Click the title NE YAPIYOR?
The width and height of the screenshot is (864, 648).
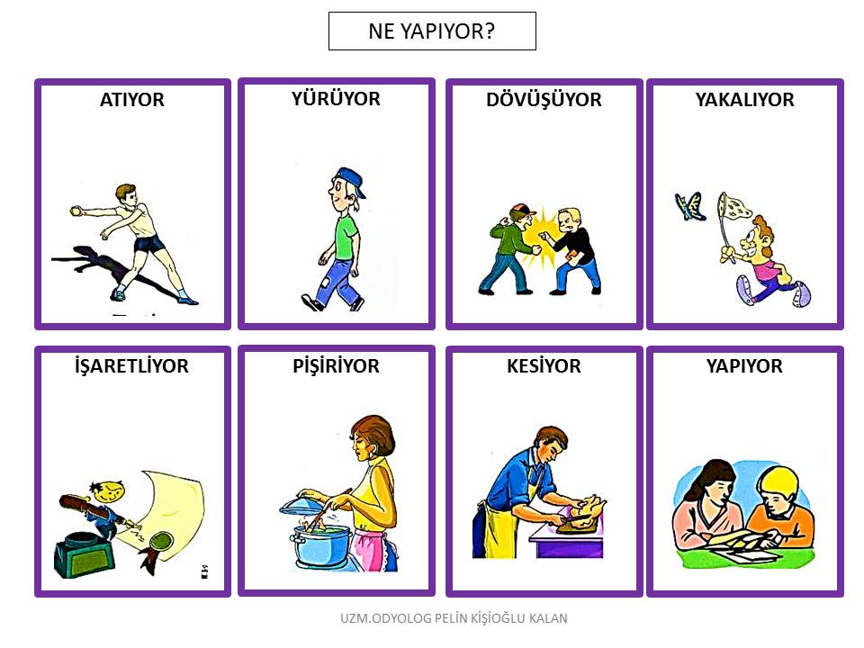tap(431, 31)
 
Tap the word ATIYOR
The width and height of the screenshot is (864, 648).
tap(132, 100)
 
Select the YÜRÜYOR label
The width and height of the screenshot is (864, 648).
tap(336, 99)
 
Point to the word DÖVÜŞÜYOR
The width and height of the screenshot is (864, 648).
tap(544, 100)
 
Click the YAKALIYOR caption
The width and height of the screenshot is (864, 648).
tap(745, 100)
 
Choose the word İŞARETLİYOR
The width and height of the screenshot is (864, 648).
tap(131, 366)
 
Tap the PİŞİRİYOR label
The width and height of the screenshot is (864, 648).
tap(336, 366)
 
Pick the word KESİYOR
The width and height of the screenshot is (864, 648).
tap(544, 366)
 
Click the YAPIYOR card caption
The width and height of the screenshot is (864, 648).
tap(744, 366)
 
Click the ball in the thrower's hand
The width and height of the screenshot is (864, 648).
tap(76, 210)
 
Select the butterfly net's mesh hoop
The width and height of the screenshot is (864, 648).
tap(734, 206)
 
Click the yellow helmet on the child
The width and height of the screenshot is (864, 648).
tap(778, 482)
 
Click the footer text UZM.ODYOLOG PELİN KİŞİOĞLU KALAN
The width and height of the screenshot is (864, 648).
tap(454, 618)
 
